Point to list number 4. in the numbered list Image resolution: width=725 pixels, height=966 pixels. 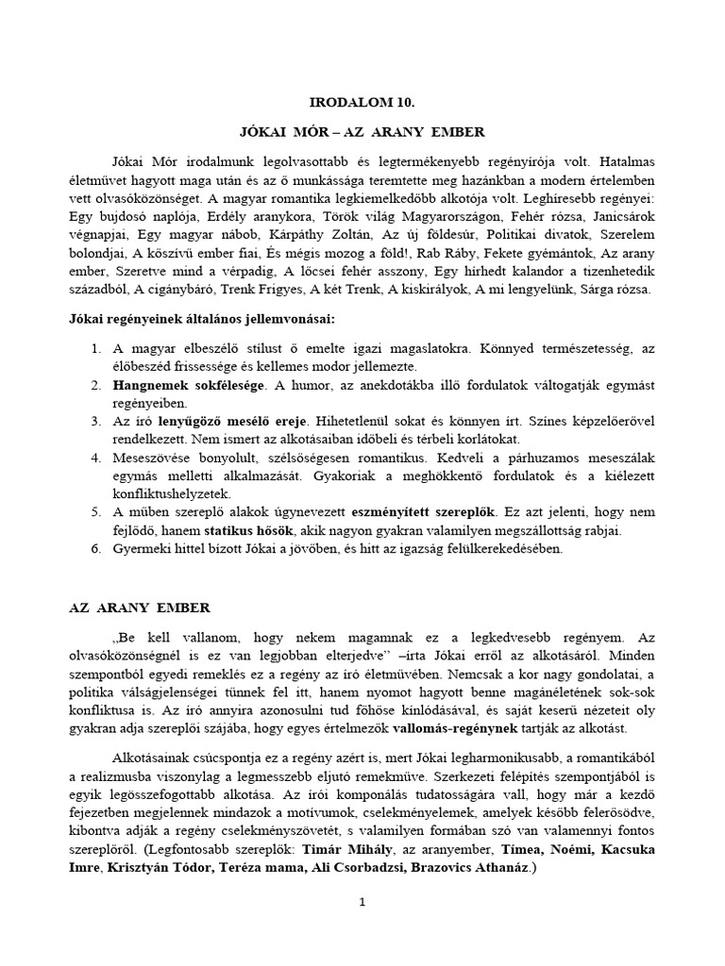[96, 458]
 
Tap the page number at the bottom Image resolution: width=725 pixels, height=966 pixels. [362, 902]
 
